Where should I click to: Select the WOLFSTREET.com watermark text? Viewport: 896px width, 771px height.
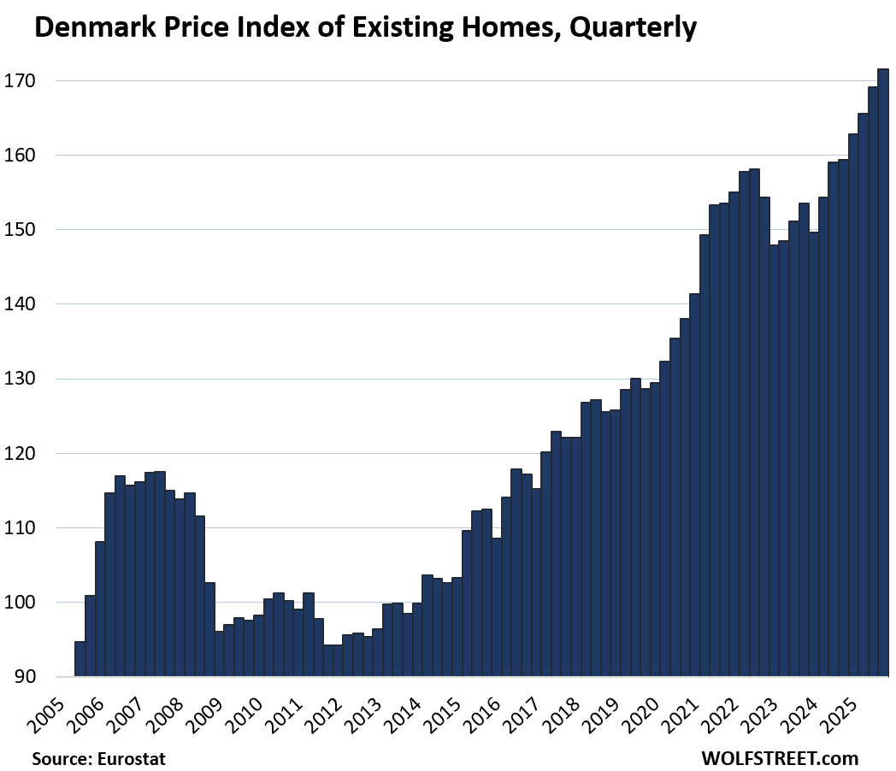pyautogui.click(x=779, y=757)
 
